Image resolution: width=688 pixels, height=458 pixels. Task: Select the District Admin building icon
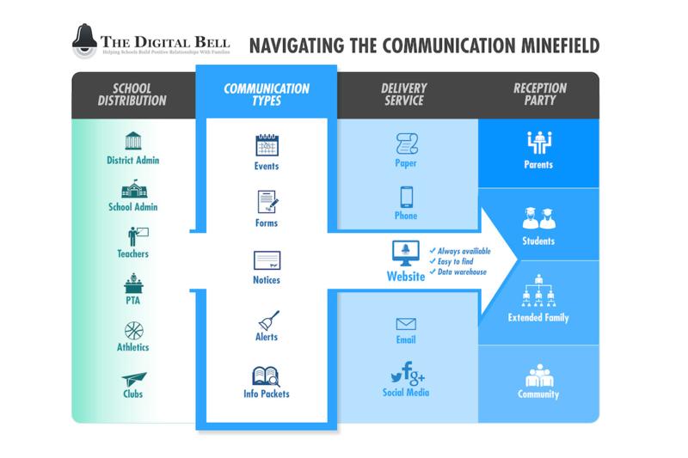click(132, 141)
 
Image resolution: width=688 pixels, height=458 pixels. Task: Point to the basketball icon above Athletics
click(132, 330)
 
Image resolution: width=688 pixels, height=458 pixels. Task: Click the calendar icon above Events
click(267, 145)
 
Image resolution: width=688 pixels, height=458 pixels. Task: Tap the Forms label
click(267, 223)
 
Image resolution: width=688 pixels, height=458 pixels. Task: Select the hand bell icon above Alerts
click(267, 320)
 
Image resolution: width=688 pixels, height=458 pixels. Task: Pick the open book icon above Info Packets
click(266, 376)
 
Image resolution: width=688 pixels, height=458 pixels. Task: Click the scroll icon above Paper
click(406, 144)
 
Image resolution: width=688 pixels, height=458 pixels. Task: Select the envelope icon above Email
click(406, 324)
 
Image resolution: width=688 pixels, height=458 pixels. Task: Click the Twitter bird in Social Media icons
click(396, 377)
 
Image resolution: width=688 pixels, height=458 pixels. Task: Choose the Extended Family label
click(538, 318)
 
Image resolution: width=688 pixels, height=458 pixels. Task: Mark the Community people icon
click(538, 376)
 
